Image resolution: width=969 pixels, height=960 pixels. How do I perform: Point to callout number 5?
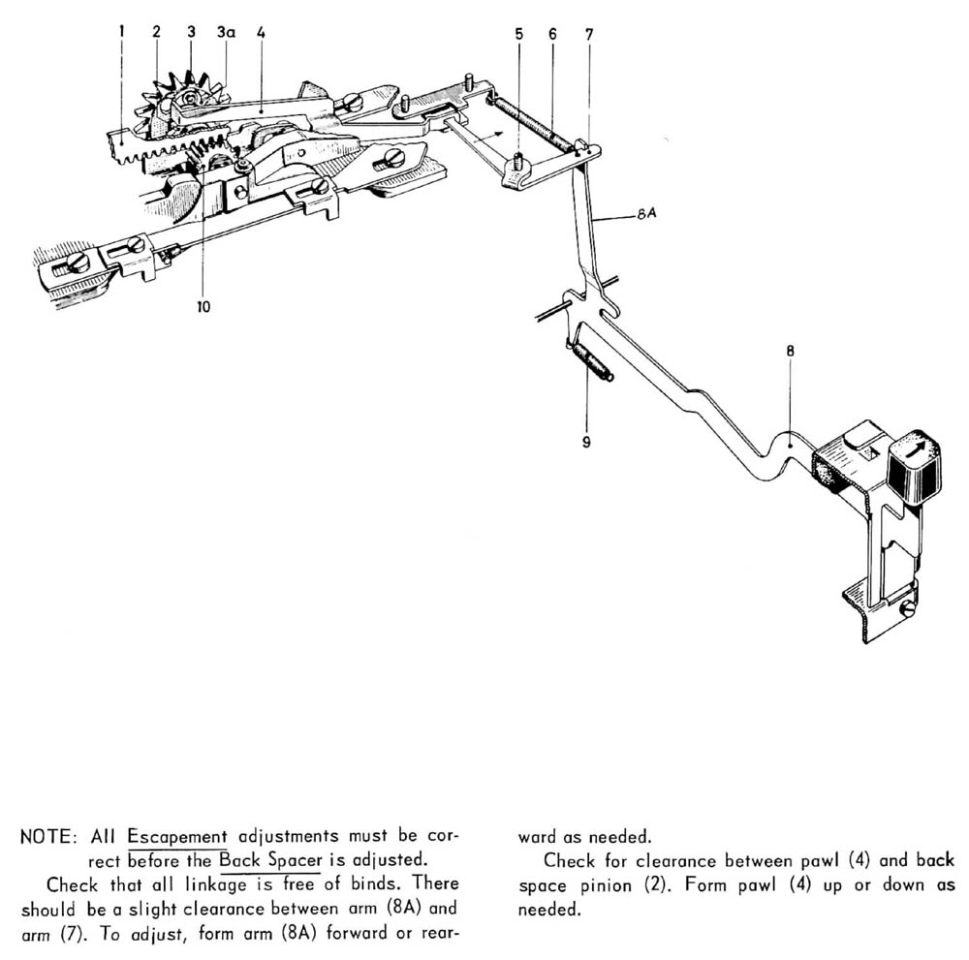[519, 34]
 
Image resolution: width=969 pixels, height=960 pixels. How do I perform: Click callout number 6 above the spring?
[552, 34]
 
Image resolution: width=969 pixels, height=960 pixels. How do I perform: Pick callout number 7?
[588, 34]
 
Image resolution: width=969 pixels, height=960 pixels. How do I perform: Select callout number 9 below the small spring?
[585, 443]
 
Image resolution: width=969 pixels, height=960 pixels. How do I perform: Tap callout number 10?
[203, 307]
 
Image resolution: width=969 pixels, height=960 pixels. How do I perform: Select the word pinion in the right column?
[599, 885]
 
